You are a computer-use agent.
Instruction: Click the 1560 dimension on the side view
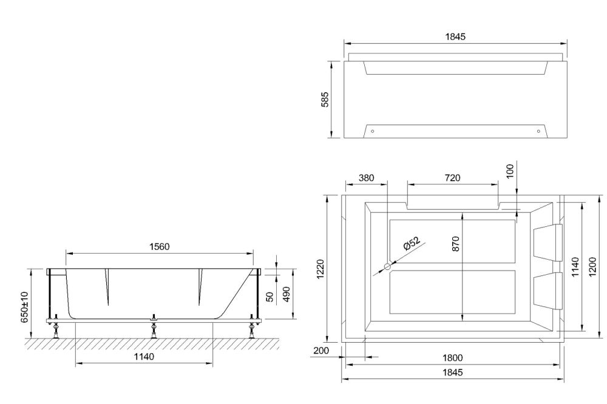point(159,247)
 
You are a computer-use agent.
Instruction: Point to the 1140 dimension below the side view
point(143,357)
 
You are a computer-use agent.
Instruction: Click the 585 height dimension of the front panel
point(325,99)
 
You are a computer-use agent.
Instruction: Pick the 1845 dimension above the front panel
point(455,37)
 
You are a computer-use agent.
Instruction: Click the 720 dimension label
point(452,178)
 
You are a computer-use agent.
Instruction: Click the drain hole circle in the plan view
point(388,265)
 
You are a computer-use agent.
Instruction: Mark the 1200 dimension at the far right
point(593,264)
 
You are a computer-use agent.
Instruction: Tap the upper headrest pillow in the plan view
point(548,240)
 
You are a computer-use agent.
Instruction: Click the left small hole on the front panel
point(373,131)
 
